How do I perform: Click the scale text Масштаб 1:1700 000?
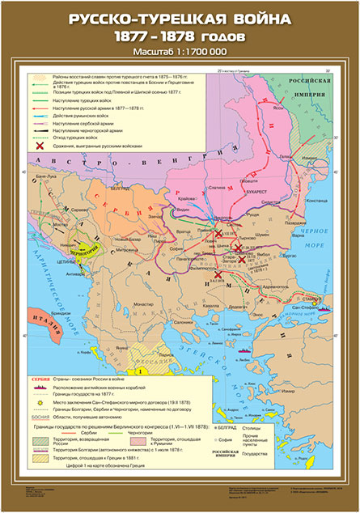point(179,53)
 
